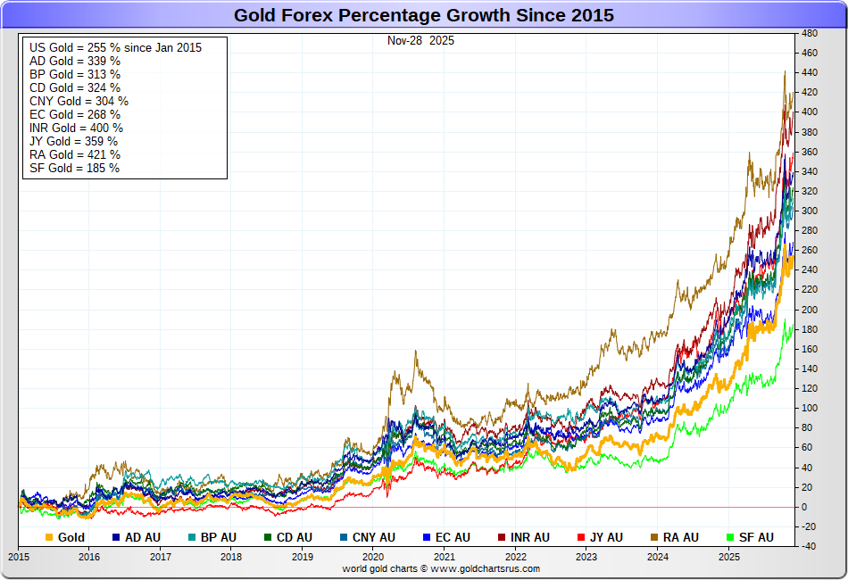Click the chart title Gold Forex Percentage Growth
[423, 15]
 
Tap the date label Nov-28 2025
[420, 41]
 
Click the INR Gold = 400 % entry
[76, 128]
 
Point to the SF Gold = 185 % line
[74, 168]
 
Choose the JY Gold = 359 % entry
[73, 141]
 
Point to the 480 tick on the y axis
[810, 33]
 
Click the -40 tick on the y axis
[810, 546]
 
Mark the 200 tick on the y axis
[810, 310]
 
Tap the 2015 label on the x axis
[19, 557]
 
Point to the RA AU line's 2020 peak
[415, 352]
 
